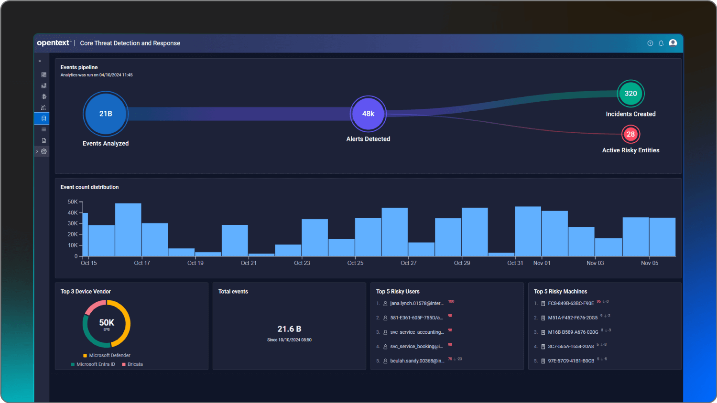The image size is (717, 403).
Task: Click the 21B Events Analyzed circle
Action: tap(106, 114)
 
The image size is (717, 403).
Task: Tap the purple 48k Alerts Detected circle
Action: tap(368, 114)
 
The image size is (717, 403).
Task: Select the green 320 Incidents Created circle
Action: tap(630, 94)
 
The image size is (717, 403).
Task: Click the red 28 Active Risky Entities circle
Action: tap(630, 134)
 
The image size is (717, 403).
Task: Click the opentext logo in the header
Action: tap(54, 43)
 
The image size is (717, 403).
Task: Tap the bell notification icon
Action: tap(661, 43)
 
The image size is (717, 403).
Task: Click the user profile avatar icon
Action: tap(673, 43)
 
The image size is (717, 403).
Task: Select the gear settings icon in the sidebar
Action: tap(44, 151)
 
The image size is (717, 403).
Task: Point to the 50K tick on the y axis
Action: tap(73, 202)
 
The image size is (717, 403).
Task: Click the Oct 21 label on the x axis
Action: tap(249, 263)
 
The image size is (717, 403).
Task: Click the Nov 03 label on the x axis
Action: tap(595, 263)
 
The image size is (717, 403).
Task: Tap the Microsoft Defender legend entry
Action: tap(109, 355)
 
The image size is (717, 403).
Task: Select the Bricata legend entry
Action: tap(135, 364)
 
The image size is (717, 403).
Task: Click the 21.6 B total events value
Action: tap(289, 329)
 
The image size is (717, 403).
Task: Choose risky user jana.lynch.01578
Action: tap(416, 304)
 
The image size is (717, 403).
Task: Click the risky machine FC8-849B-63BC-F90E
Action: tap(571, 304)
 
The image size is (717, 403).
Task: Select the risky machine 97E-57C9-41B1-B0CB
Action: tap(571, 361)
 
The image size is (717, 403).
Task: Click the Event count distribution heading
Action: tap(89, 187)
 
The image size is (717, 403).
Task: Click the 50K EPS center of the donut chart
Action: tap(107, 324)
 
